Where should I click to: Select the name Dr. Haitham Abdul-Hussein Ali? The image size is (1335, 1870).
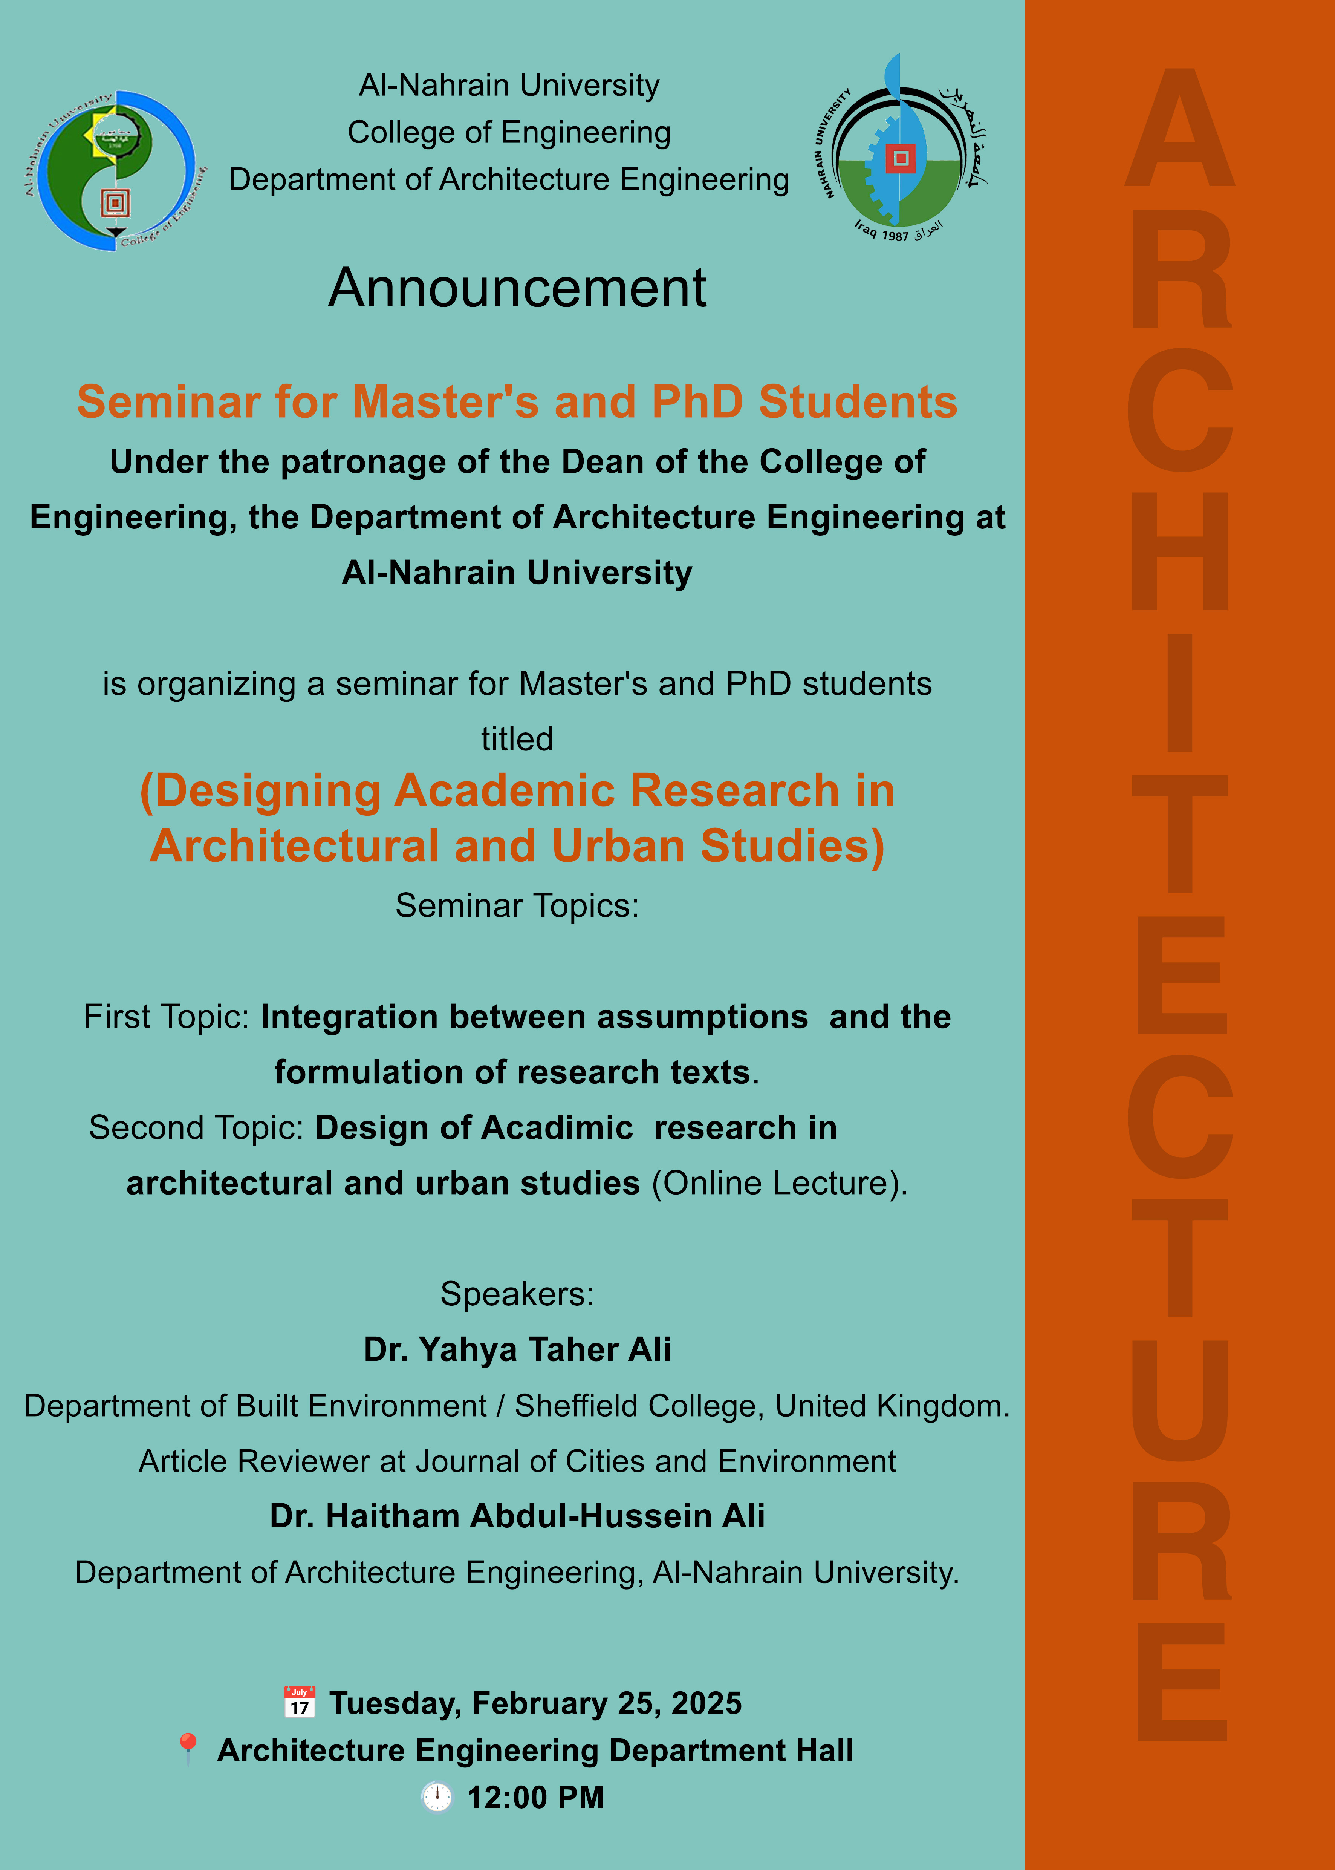(517, 1516)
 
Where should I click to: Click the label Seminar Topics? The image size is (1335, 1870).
(517, 905)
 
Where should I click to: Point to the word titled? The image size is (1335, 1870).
(517, 738)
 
